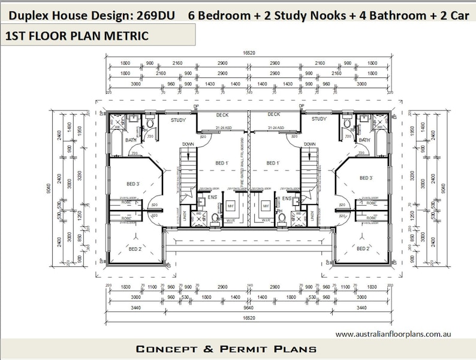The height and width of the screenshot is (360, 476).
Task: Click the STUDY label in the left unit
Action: click(177, 119)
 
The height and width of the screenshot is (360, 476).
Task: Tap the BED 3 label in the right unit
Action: click(366, 178)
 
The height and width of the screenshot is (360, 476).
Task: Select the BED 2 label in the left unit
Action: click(135, 248)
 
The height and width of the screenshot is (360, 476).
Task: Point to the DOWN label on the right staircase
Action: click(309, 145)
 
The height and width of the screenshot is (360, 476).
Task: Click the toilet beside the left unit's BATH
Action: click(150, 124)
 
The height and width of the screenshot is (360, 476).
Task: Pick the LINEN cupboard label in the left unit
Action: click(185, 214)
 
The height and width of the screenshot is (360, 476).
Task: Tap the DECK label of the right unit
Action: click(274, 114)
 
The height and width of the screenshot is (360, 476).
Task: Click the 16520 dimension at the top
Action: click(249, 53)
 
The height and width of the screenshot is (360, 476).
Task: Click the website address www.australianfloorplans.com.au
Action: click(393, 334)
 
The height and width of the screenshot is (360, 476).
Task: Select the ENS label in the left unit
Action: click(212, 197)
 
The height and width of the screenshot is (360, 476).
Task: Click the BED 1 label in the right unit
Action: click(273, 163)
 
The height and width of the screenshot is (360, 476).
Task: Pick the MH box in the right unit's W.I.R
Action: click(266, 205)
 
